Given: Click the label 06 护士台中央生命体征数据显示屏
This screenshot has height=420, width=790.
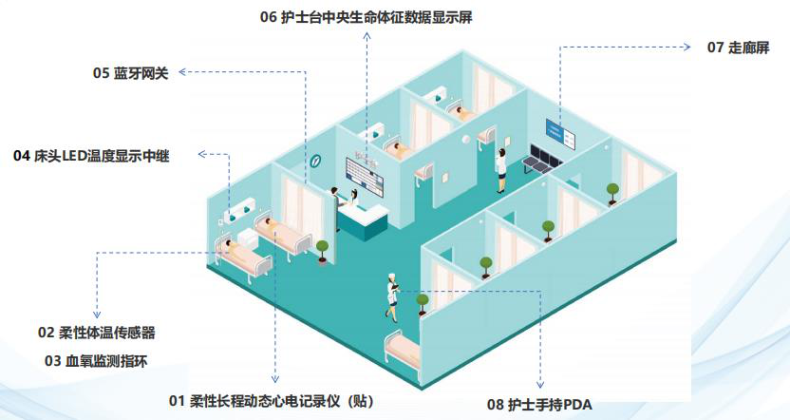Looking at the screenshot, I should pyautogui.click(x=366, y=16).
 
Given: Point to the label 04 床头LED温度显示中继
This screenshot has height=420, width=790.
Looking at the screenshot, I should pyautogui.click(x=91, y=155).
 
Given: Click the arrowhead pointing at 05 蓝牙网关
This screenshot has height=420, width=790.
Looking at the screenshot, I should pyautogui.click(x=183, y=71).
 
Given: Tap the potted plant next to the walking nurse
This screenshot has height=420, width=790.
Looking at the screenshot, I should pyautogui.click(x=422, y=302).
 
